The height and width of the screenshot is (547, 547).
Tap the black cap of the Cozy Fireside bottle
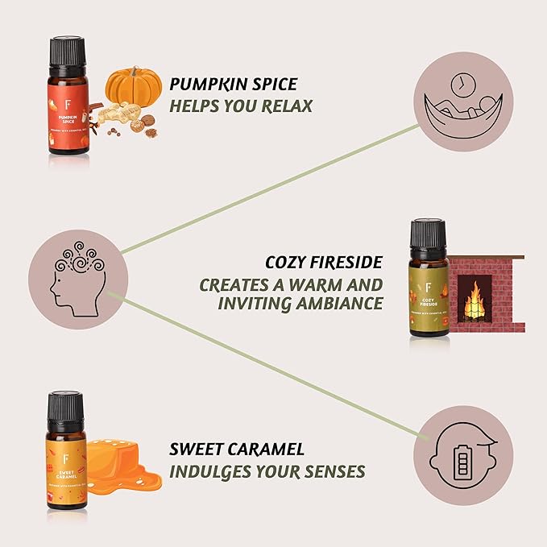click(429, 234)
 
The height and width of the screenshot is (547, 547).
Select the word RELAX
click(283, 106)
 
